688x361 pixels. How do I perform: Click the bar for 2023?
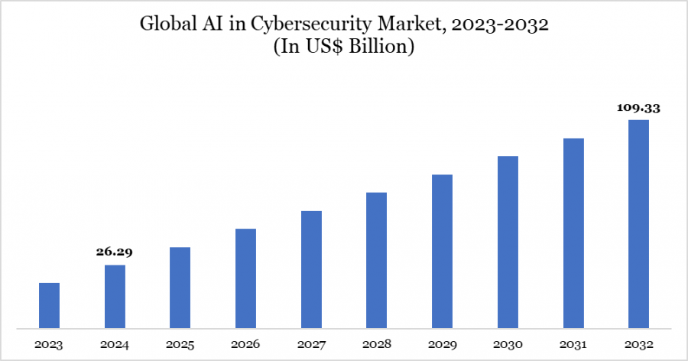pyautogui.click(x=49, y=306)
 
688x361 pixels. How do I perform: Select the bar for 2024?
pyautogui.click(x=115, y=297)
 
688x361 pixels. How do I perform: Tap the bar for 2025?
pyautogui.click(x=180, y=288)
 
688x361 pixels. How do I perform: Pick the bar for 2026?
pyautogui.click(x=245, y=279)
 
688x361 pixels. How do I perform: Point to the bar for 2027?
pyautogui.click(x=311, y=270)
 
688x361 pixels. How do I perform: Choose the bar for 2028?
pyautogui.click(x=376, y=261)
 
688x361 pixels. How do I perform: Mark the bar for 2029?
pyautogui.click(x=442, y=252)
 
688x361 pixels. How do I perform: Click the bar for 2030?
pyautogui.click(x=508, y=242)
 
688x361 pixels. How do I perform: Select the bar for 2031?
pyautogui.click(x=573, y=234)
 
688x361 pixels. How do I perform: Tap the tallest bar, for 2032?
pyautogui.click(x=638, y=224)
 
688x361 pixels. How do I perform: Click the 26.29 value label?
pyautogui.click(x=115, y=252)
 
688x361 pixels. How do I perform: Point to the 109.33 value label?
pyautogui.click(x=638, y=108)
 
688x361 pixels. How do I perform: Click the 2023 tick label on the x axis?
pyautogui.click(x=49, y=344)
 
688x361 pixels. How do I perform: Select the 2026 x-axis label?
pyautogui.click(x=245, y=344)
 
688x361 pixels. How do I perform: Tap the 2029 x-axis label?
pyautogui.click(x=442, y=344)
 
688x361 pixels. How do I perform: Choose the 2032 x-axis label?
pyautogui.click(x=638, y=344)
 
